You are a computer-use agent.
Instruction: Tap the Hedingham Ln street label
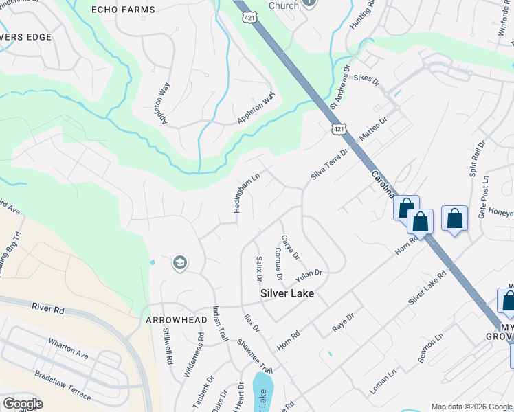(246, 192)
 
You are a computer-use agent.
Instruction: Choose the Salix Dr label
(259, 268)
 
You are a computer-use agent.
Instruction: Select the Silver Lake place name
(287, 293)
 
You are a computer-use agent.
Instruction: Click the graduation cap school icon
(179, 262)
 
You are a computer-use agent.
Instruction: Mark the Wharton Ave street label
(69, 348)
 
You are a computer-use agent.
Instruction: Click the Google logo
(23, 404)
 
